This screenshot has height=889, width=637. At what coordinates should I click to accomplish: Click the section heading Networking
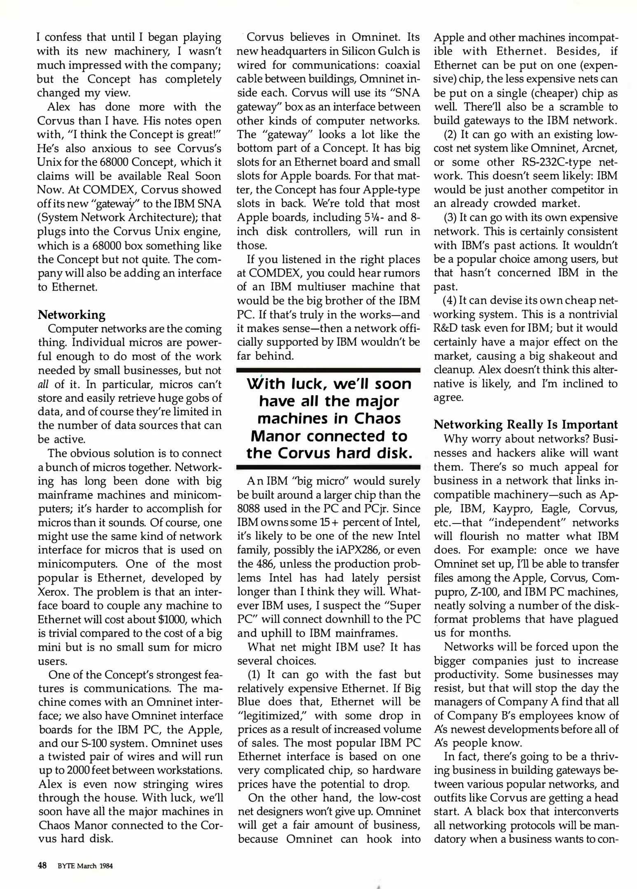click(71, 315)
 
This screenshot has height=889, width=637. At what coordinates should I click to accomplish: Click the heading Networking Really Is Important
click(526, 424)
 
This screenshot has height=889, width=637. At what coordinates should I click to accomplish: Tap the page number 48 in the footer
click(42, 866)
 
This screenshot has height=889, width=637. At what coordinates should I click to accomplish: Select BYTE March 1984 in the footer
click(85, 866)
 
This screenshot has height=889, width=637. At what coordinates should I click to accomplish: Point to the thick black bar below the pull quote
click(328, 467)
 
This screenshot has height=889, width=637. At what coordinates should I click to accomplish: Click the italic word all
click(43, 384)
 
